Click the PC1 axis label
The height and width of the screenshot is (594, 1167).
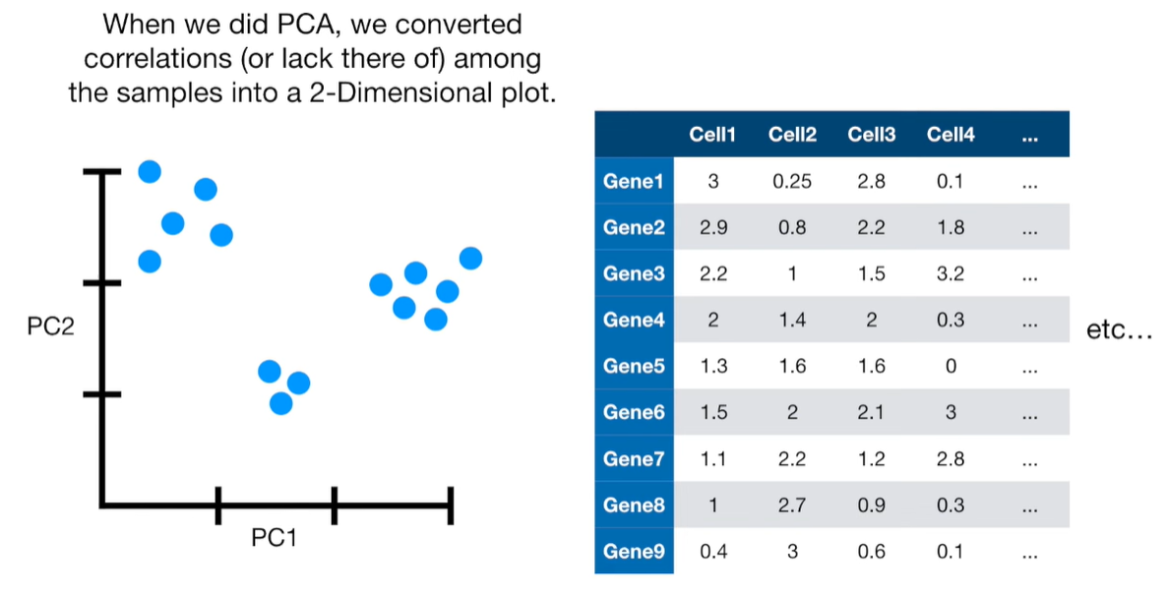(275, 539)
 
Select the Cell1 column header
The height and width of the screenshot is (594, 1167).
(712, 136)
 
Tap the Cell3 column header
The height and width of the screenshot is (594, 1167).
(871, 136)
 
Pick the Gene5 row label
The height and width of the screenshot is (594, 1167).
(633, 367)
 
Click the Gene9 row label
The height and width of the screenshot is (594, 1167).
(633, 552)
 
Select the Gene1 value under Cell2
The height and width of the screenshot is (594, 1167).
(792, 182)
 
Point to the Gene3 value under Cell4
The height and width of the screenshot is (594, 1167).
(951, 274)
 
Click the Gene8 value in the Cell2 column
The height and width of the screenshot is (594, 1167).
(792, 505)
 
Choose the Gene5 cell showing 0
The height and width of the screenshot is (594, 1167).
(951, 367)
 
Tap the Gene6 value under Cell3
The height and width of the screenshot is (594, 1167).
(871, 413)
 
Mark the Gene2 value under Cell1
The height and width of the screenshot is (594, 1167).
(712, 228)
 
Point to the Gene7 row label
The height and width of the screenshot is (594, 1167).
(633, 459)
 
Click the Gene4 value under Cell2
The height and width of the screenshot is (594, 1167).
(792, 321)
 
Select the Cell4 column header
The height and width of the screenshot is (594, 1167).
(951, 136)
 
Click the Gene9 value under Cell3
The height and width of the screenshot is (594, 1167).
(871, 552)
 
